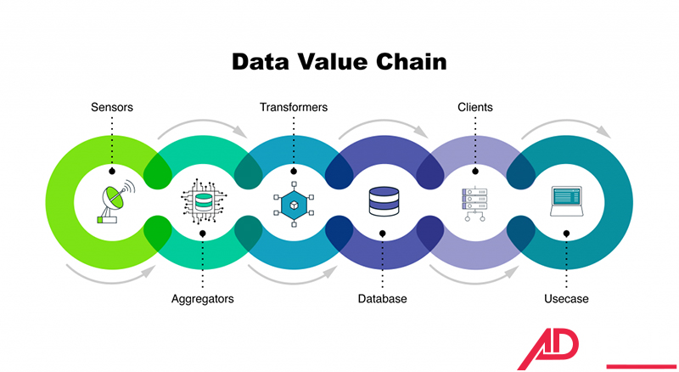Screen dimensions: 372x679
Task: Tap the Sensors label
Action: [x=112, y=108]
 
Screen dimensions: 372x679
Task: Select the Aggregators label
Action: [x=203, y=299]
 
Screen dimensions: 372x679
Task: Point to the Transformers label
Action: [x=294, y=108]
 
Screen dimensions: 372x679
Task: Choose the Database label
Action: [x=382, y=299]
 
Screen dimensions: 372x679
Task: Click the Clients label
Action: [x=474, y=108]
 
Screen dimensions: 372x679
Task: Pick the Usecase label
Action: [x=566, y=299]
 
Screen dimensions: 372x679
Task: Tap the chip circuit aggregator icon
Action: [x=203, y=202]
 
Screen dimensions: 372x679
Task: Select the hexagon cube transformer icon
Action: [x=294, y=203]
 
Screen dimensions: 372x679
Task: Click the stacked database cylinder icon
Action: [x=383, y=202]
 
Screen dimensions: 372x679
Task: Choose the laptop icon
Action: [x=566, y=200]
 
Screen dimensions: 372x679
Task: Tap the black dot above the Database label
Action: [x=383, y=234]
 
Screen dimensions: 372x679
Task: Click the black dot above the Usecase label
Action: [x=566, y=234]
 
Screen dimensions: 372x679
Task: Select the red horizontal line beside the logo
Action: [x=642, y=367]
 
